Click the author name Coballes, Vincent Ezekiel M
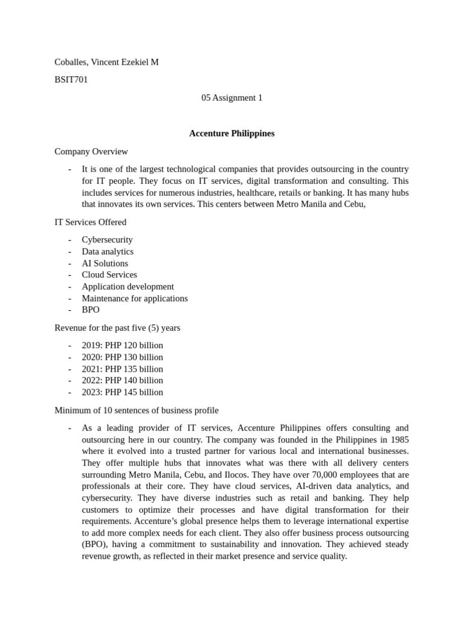coord(106,62)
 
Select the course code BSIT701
coord(71,80)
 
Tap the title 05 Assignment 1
coord(232,98)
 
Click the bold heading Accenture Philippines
coord(232,134)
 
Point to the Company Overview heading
coord(91,152)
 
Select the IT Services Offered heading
coord(91,222)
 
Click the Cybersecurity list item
coord(108,240)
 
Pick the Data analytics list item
coord(108,251)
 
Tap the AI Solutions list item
coord(105,264)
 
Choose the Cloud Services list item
coord(109,275)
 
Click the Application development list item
coord(128,287)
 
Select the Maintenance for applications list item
coord(135,299)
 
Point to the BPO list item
coord(91,310)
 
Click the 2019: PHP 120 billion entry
coord(123,346)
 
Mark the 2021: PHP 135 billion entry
coord(123,369)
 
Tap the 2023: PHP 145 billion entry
coord(123,392)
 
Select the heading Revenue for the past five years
coord(117,328)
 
